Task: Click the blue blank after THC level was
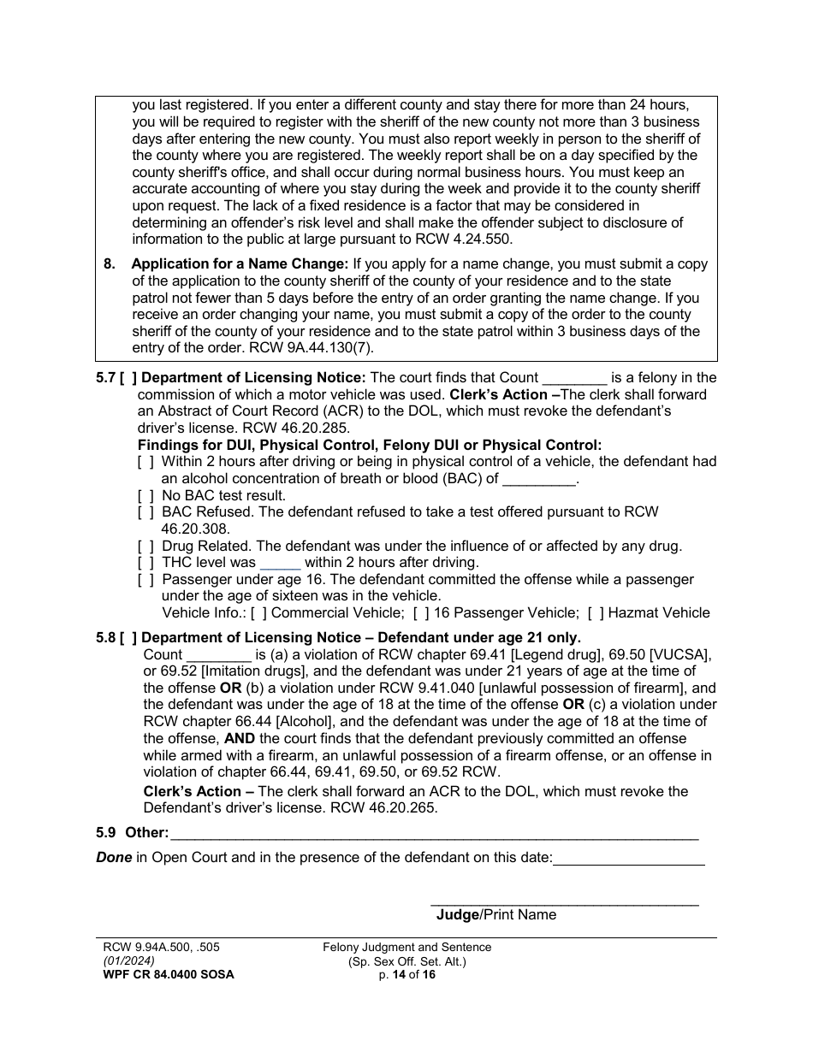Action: pyautogui.click(x=280, y=563)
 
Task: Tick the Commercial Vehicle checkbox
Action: pyautogui.click(x=258, y=613)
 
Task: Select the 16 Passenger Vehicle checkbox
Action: pyautogui.click(x=421, y=613)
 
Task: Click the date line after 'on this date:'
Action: pyautogui.click(x=629, y=859)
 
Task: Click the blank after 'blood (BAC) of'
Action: pyautogui.click(x=539, y=480)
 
